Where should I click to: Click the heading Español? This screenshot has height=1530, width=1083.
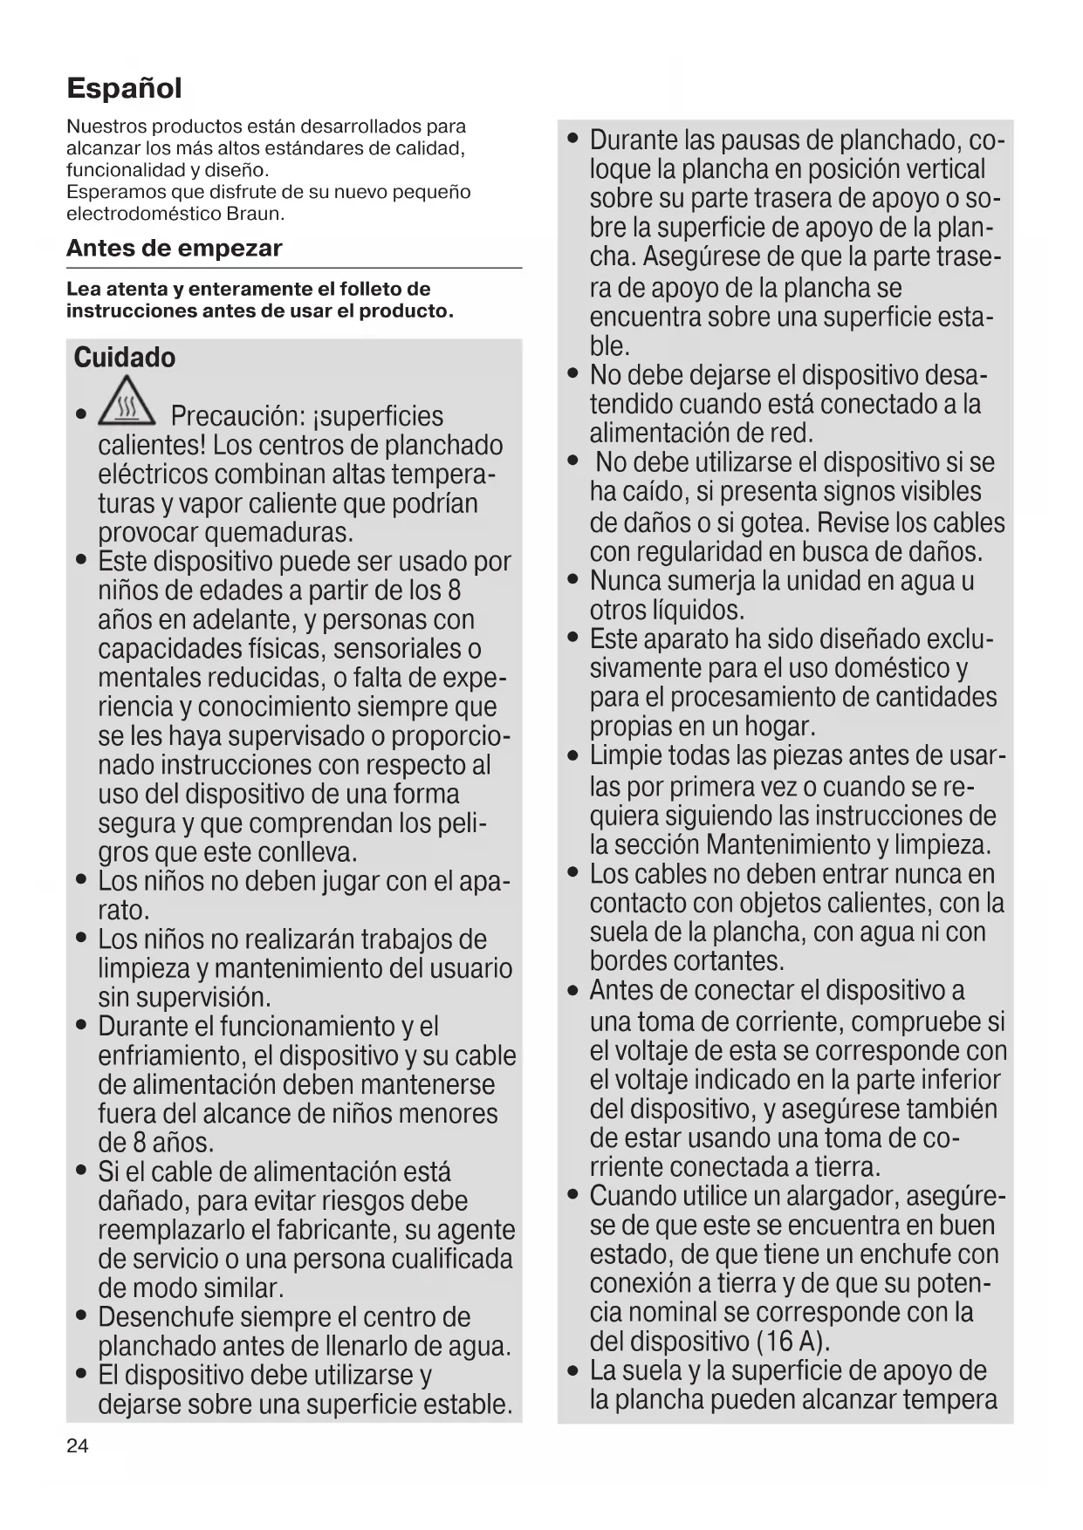pos(124,88)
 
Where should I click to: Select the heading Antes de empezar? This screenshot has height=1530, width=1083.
pos(175,249)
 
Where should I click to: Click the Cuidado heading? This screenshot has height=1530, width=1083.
pos(125,358)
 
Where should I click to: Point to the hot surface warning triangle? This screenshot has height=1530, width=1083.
pos(128,404)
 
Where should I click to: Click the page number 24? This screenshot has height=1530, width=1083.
pos(77,1446)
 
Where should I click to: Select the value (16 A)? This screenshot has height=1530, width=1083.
pos(792,1341)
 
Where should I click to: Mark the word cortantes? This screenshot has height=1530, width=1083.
pos(730,961)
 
